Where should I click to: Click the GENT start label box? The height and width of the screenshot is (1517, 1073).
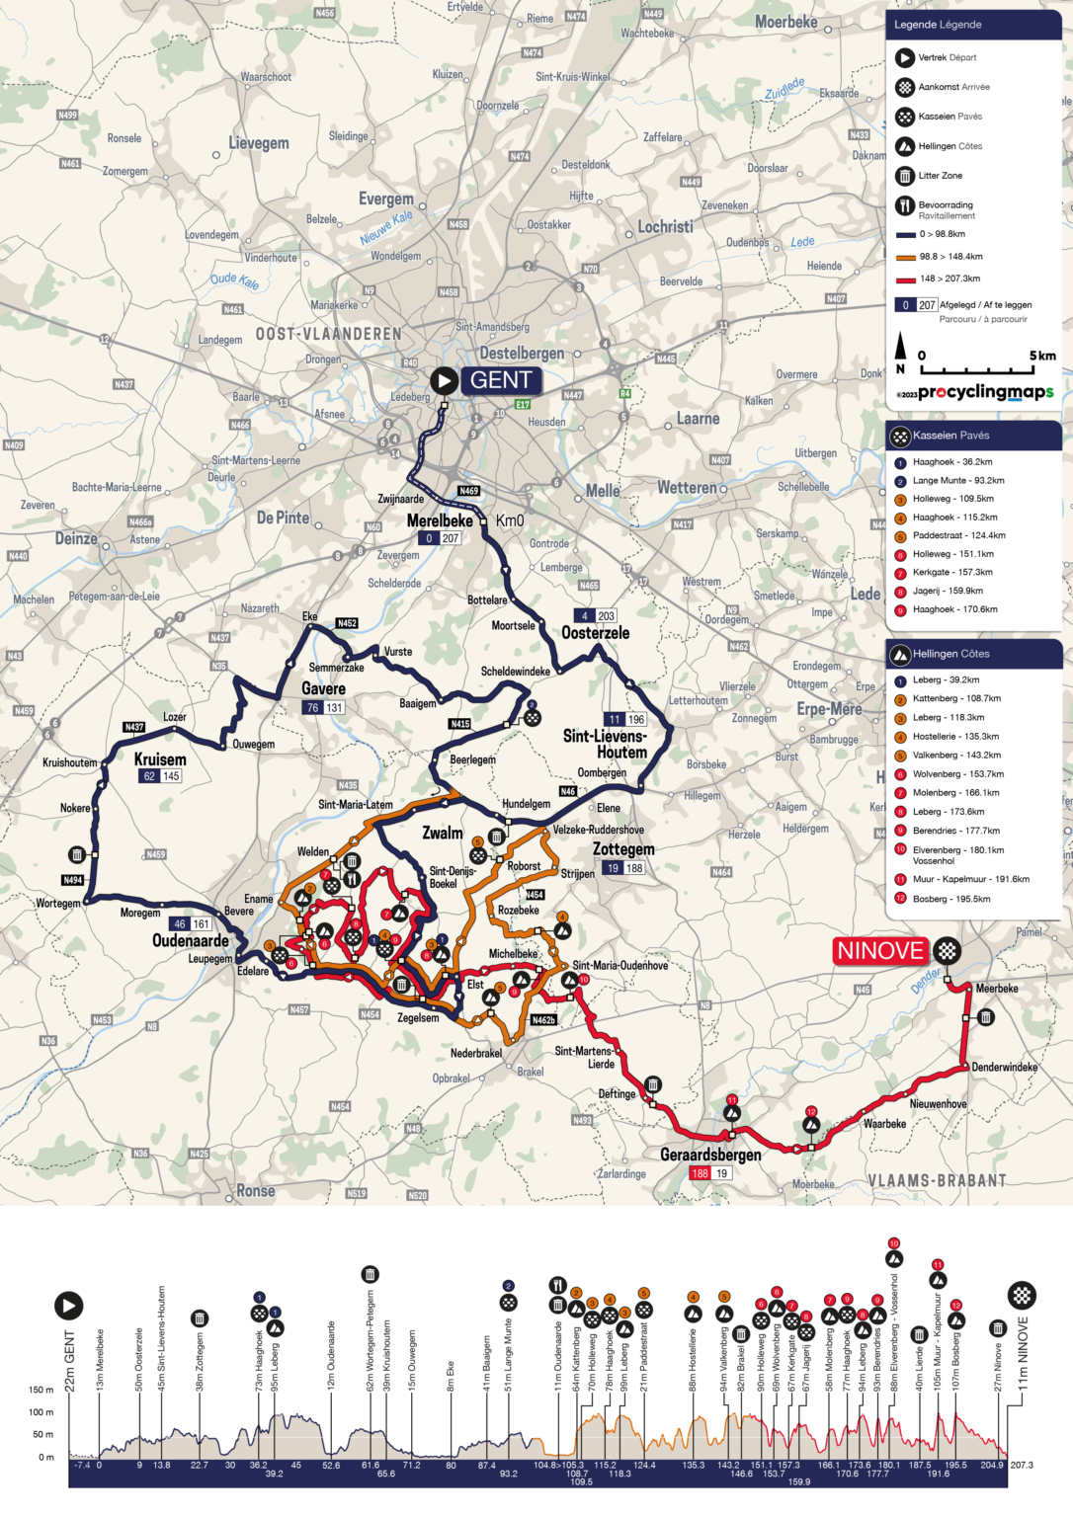click(x=500, y=380)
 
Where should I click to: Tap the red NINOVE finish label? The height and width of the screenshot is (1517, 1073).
click(x=880, y=951)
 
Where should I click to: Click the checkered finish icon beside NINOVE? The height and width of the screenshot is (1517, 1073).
click(x=948, y=951)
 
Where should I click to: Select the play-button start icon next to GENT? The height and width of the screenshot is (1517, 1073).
click(x=444, y=380)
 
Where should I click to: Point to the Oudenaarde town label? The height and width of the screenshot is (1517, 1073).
click(x=191, y=941)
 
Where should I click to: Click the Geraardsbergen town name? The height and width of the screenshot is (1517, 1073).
click(x=710, y=1155)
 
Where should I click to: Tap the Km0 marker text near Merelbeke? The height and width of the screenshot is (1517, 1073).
click(x=510, y=520)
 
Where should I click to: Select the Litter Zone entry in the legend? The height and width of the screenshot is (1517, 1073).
click(x=940, y=176)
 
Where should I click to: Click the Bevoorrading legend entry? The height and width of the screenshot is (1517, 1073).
click(x=945, y=205)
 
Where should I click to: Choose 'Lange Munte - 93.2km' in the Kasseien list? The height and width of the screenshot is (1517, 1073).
click(x=957, y=481)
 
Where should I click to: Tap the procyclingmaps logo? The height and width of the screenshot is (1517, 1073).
click(x=984, y=392)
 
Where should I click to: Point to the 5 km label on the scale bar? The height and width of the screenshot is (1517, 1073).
click(x=1041, y=356)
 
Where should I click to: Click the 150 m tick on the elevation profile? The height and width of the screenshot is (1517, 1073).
click(x=41, y=1390)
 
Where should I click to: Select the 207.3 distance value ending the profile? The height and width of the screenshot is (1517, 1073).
click(x=1021, y=1465)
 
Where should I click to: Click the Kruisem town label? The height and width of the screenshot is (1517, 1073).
click(x=160, y=759)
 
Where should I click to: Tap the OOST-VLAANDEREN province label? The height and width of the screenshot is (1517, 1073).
click(x=329, y=334)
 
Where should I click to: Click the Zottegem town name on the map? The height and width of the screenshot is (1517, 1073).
click(x=623, y=849)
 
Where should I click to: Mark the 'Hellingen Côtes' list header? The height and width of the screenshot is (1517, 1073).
click(x=950, y=654)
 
